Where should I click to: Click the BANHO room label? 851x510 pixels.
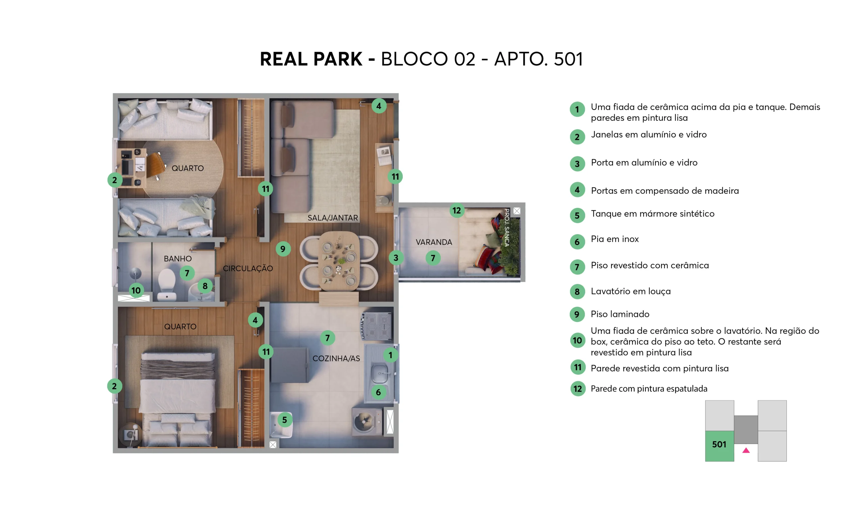(178, 258)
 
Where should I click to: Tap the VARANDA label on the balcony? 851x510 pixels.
(434, 242)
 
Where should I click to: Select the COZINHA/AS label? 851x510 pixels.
(336, 358)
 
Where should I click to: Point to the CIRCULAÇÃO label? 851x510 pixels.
(248, 268)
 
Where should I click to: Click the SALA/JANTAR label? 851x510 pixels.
(333, 217)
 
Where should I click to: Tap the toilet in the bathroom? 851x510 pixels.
(167, 285)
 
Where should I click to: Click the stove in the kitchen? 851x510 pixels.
(376, 326)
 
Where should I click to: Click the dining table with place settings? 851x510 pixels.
(339, 261)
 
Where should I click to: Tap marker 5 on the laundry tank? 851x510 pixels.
(285, 420)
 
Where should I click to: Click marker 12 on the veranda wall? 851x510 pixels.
(456, 210)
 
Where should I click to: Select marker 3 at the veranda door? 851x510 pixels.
(396, 257)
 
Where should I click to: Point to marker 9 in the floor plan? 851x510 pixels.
(283, 248)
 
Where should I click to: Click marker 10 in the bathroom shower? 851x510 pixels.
(136, 291)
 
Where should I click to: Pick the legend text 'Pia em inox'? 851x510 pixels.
(615, 239)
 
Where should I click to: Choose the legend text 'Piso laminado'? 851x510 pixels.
(620, 314)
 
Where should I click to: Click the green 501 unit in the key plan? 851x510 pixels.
(719, 446)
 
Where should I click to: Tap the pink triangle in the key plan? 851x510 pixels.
(746, 450)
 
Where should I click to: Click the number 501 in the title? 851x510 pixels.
(568, 59)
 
